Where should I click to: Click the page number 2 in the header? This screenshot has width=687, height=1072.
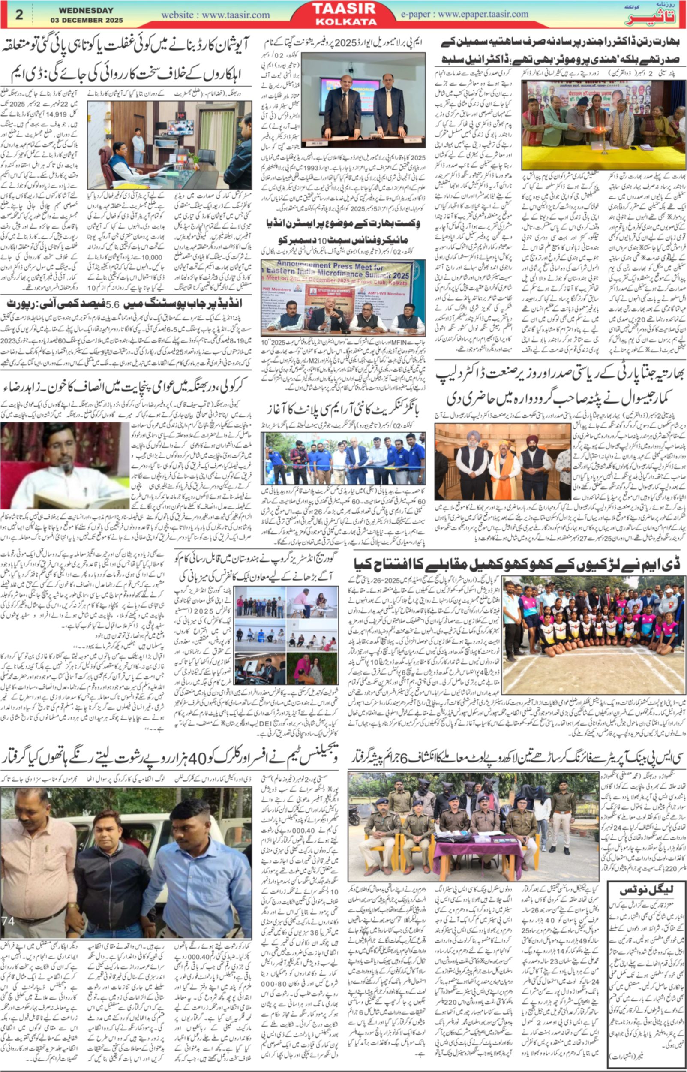pyautogui.click(x=19, y=14)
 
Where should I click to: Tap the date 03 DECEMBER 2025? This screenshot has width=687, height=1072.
pyautogui.click(x=86, y=21)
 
